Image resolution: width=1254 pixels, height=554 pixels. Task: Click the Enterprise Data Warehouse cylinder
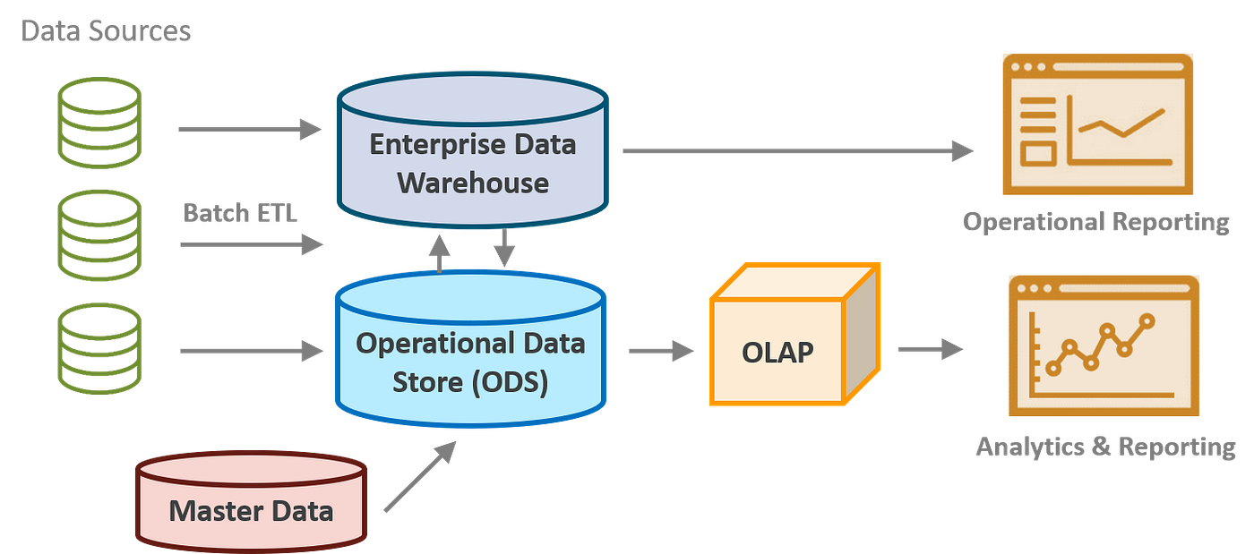[x=472, y=161]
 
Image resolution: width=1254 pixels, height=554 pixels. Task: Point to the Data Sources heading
[x=106, y=32]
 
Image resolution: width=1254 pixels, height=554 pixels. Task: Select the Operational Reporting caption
[x=1095, y=222]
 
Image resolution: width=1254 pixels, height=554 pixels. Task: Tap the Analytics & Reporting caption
[x=1105, y=446]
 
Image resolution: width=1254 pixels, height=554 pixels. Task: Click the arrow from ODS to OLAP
[x=662, y=351]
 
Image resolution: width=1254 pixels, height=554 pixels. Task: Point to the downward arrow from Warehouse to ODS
[x=505, y=248]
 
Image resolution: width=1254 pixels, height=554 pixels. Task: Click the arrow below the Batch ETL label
[x=251, y=243]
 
